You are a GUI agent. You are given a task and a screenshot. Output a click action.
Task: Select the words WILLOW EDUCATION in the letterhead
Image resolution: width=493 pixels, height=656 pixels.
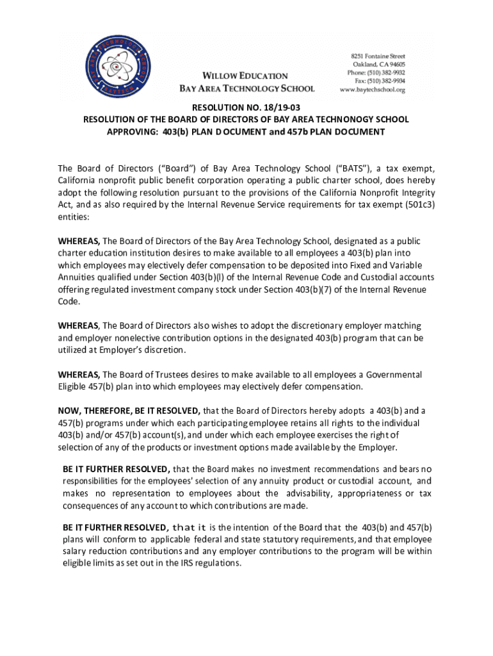click(x=246, y=76)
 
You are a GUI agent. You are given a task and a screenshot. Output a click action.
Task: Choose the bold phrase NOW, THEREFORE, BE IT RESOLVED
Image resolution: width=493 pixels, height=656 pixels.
click(x=129, y=411)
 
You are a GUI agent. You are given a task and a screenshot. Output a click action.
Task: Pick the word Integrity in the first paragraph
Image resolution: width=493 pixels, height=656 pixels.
click(x=417, y=193)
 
